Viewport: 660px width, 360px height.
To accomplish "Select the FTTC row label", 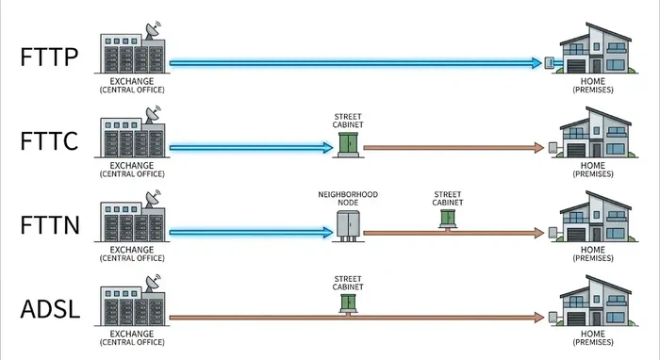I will [x=50, y=144].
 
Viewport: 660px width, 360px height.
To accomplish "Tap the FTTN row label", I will [x=50, y=227].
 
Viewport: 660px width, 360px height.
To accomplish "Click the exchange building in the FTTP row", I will [x=131, y=53].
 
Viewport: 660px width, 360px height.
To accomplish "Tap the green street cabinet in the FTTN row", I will [x=447, y=216].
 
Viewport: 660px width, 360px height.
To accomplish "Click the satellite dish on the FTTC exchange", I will [x=151, y=118].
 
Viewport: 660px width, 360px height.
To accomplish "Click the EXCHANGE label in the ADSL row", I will [x=131, y=336].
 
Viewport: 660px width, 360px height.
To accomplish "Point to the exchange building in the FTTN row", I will [x=131, y=222].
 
